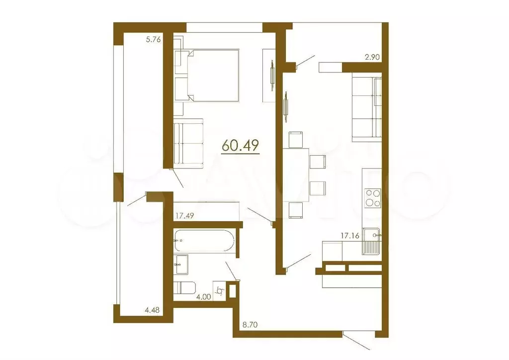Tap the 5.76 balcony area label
click(154, 41)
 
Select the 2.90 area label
click(372, 57)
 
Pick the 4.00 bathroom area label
click(203, 297)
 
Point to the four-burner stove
click(373, 198)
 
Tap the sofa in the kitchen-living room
click(367, 107)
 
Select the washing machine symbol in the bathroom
click(220, 289)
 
